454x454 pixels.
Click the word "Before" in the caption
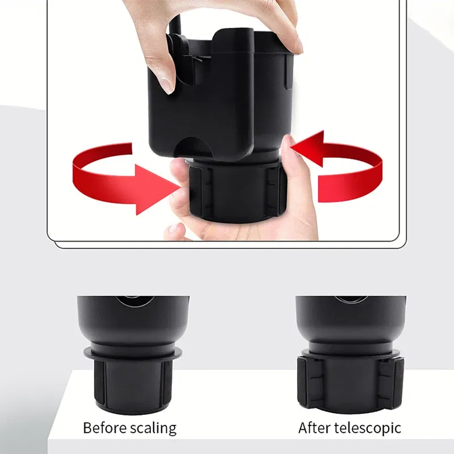(104, 428)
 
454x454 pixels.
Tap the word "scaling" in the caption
(153, 429)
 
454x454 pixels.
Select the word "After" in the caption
(314, 428)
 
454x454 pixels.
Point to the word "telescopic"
(367, 428)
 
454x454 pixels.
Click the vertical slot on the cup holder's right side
(288, 73)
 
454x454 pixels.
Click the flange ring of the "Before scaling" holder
(133, 354)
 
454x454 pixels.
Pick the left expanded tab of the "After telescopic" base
(306, 381)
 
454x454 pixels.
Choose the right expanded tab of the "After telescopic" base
(393, 381)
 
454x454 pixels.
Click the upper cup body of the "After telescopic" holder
(351, 322)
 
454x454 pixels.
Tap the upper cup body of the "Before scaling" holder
(133, 321)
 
